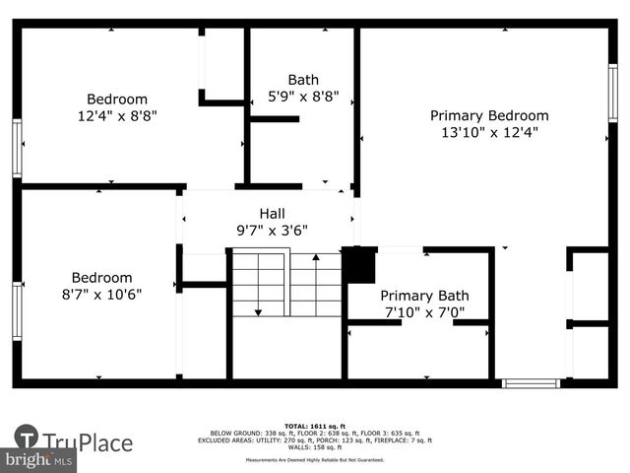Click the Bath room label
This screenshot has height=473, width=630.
pos(303,80)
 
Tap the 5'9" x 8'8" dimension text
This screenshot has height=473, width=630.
pos(303,97)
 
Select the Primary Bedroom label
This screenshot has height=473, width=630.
pos(489,115)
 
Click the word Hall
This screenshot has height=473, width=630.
pos(272,213)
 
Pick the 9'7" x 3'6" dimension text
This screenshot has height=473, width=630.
pos(272,230)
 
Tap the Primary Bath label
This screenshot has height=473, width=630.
pos(424,296)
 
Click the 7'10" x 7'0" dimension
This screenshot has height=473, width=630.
pos(424,312)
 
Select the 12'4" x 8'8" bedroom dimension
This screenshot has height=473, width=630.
pos(117,115)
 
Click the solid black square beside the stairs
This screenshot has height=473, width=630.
pos(358,265)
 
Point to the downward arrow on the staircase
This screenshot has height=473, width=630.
pos(258,311)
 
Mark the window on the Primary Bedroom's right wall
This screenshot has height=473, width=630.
pos(612,94)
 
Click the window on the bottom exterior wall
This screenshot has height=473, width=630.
pos(531,382)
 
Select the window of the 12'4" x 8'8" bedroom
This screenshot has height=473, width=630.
pos(17,148)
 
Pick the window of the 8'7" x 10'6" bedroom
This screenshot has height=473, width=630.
pos(17,312)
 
